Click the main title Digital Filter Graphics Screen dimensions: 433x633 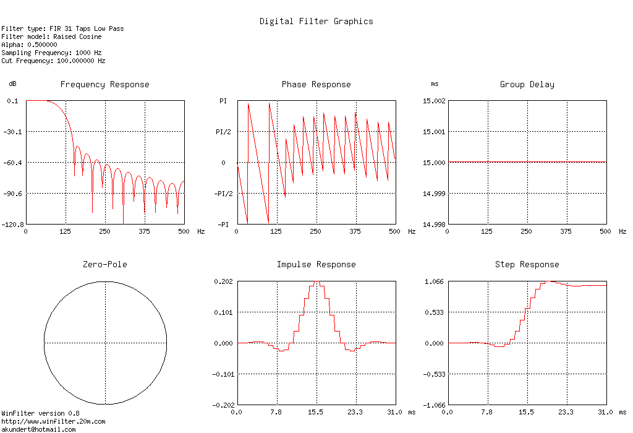click(x=316, y=21)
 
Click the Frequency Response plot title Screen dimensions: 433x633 click(x=104, y=84)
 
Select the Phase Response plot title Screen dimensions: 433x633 click(x=316, y=84)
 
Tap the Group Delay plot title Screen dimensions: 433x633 click(x=527, y=84)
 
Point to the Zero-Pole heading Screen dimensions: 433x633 click(x=105, y=264)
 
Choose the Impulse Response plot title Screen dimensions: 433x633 click(x=316, y=264)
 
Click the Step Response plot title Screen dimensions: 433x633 click(x=527, y=264)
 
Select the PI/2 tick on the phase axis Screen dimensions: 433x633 click(x=223, y=132)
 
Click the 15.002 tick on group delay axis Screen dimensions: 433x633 click(x=433, y=101)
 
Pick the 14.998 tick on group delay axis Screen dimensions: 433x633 click(x=433, y=225)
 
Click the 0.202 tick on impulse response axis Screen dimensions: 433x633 click(x=223, y=281)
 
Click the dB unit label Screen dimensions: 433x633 click(x=12, y=84)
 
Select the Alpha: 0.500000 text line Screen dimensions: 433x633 click(x=29, y=45)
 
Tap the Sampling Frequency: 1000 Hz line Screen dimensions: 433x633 click(x=51, y=53)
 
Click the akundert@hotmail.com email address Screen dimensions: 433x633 click(x=38, y=429)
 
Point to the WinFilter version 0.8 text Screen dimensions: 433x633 click(x=40, y=413)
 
